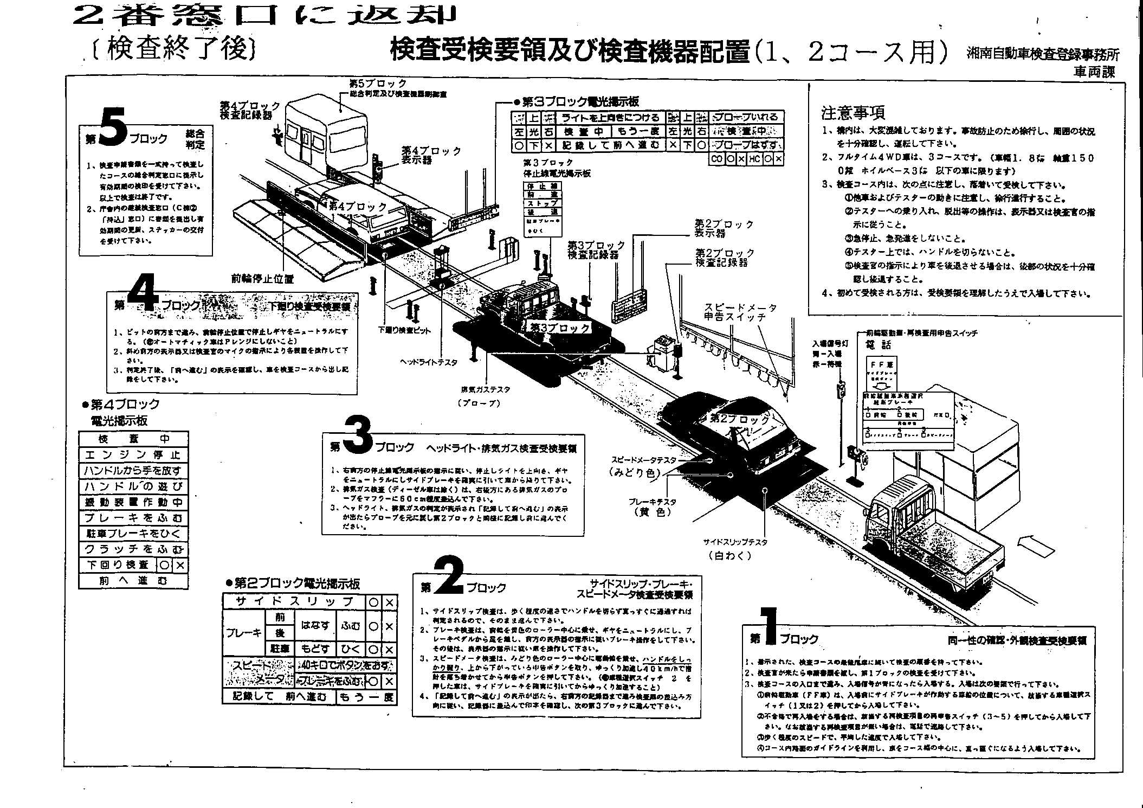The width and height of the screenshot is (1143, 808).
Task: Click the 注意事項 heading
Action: (853, 113)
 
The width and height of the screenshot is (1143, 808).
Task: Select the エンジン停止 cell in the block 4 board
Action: (133, 455)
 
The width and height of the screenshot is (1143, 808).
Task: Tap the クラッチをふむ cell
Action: (133, 549)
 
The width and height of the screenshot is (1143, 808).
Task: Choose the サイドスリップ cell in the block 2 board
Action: (295, 601)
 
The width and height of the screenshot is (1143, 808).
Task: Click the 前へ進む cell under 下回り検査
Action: (133, 581)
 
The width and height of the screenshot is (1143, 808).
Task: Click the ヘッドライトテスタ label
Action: (428, 362)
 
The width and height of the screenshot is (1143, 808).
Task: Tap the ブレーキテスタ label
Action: (651, 502)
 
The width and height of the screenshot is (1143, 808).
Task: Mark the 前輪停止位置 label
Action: (262, 279)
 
